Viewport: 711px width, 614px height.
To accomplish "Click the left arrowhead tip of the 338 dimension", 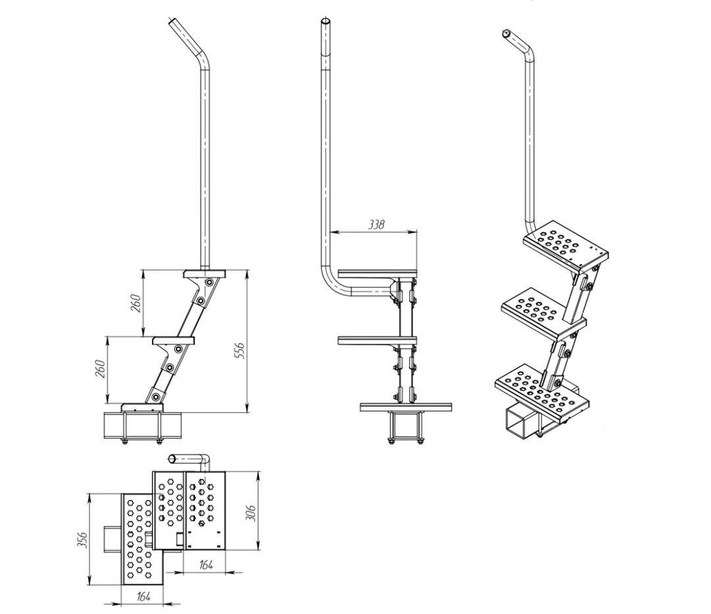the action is pyautogui.click(x=330, y=232).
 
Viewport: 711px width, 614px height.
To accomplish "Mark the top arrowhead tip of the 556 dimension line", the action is pyautogui.click(x=248, y=271).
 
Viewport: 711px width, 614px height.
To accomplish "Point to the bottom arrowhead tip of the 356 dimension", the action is pyautogui.click(x=90, y=585).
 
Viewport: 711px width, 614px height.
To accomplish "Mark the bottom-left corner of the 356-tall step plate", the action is pyautogui.click(x=122, y=585).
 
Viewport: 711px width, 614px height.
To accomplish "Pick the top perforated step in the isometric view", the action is pyautogui.click(x=566, y=244).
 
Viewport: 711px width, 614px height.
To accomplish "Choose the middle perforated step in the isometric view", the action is pyautogui.click(x=543, y=313).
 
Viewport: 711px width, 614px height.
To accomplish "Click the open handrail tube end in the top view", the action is pyautogui.click(x=172, y=459).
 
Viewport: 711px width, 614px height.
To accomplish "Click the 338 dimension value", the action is pyautogui.click(x=375, y=224).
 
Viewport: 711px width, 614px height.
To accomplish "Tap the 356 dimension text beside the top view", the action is pyautogui.click(x=82, y=539).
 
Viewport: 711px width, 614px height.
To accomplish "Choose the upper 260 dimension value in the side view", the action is pyautogui.click(x=136, y=302).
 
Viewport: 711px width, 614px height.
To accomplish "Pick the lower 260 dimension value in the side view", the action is pyautogui.click(x=101, y=369).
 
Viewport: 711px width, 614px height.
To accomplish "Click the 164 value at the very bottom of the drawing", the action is pyautogui.click(x=144, y=597).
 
